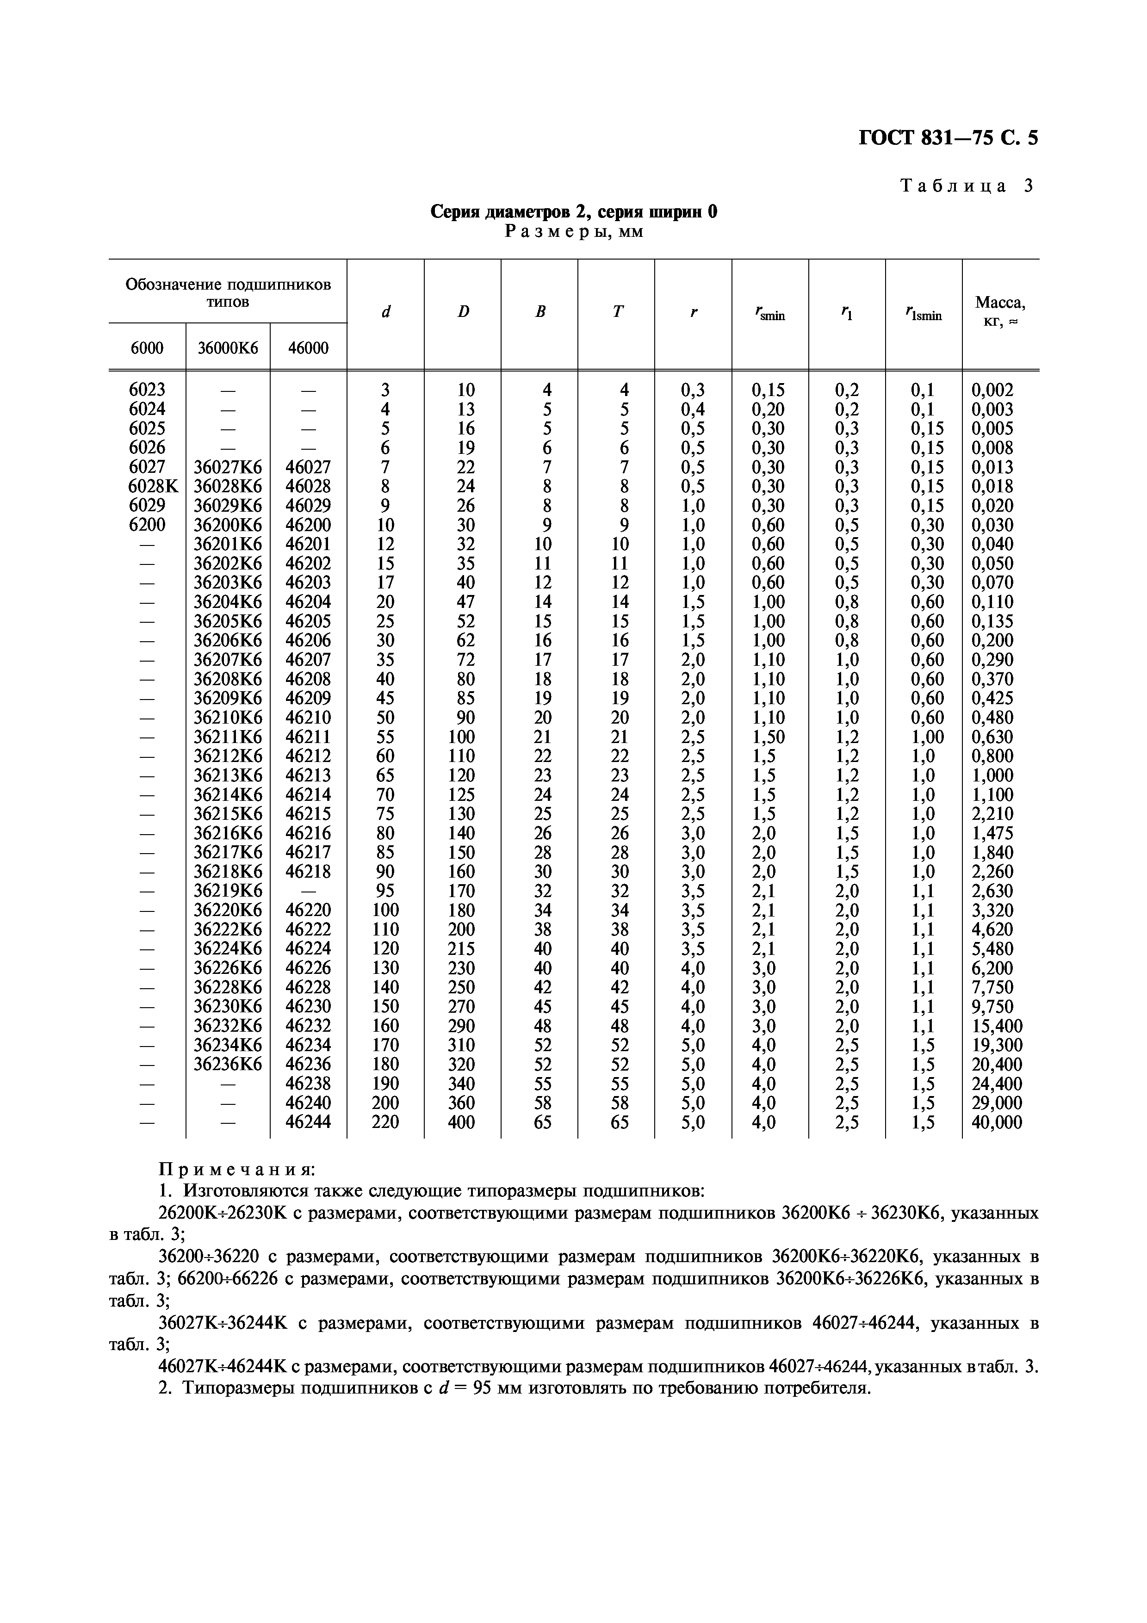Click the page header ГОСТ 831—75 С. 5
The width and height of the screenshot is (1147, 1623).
tap(948, 138)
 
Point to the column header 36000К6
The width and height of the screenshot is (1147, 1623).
tap(228, 348)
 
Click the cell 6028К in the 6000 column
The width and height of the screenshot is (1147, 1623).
tap(147, 486)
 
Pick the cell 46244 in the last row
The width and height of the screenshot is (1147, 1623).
tap(308, 1122)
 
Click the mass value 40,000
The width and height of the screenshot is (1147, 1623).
tap(997, 1122)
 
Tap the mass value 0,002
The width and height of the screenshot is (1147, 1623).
tap(992, 390)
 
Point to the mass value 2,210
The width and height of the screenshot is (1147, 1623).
tap(992, 814)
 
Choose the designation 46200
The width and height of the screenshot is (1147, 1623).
tap(308, 525)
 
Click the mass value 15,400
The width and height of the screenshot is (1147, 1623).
tap(997, 1026)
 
